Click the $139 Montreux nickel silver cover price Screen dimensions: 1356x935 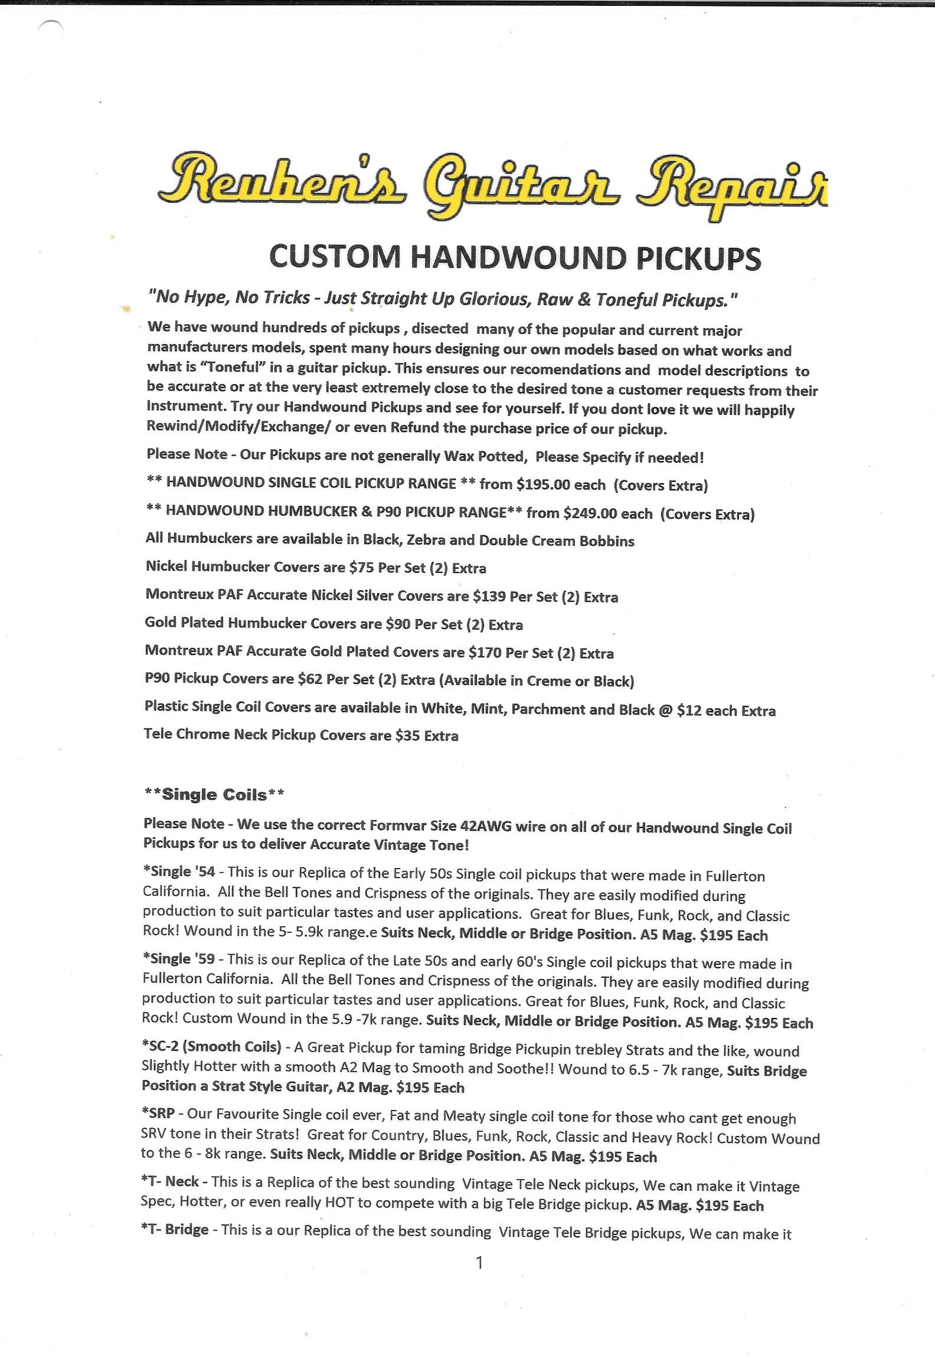tap(489, 596)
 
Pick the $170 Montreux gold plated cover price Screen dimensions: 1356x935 tap(485, 653)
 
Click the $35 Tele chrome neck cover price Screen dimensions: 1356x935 tap(407, 735)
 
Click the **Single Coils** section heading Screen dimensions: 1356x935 tap(214, 795)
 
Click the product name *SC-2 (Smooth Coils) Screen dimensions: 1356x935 tap(211, 1046)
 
